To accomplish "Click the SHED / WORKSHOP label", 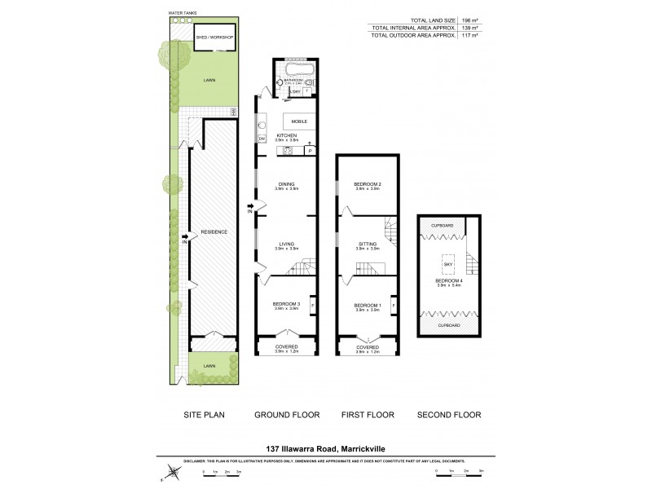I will pos(214,37).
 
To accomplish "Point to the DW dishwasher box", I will pos(262,139).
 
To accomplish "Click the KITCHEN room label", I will pos(286,134).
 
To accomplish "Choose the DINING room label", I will pos(286,184).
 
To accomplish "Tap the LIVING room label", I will pos(286,243).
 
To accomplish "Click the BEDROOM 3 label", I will pos(286,304).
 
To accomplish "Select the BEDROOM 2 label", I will pos(368,184).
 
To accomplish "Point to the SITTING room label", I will pos(368,243).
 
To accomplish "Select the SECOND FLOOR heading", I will pos(449,415).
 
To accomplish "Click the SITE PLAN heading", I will pos(204,415).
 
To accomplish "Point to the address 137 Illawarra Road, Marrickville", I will pos(325,447).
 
